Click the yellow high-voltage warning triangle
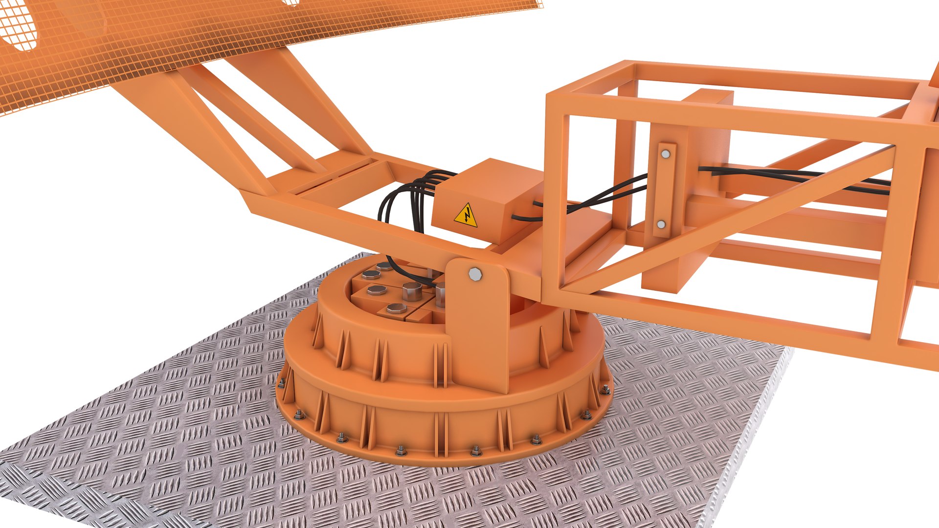(466, 216)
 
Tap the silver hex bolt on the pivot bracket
(474, 274)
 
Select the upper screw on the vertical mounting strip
(666, 154)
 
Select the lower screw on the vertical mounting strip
(661, 224)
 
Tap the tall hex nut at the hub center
(412, 291)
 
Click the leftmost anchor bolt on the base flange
(282, 382)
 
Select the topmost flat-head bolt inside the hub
(384, 266)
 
